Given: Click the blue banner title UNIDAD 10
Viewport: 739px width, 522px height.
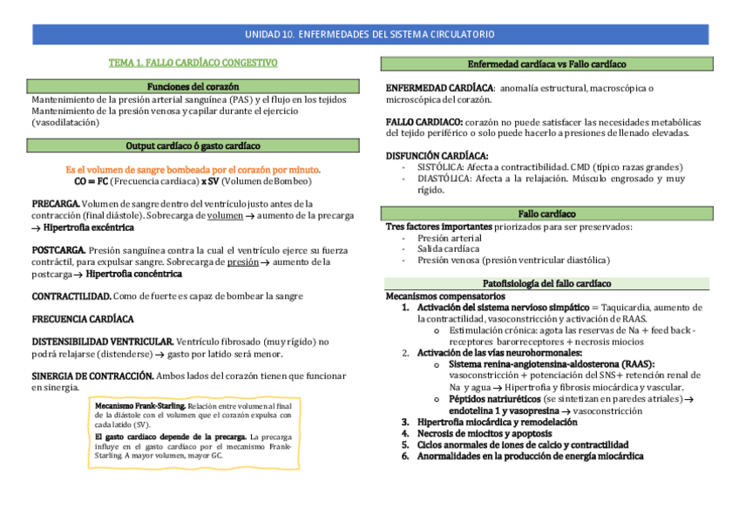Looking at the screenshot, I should [369, 35].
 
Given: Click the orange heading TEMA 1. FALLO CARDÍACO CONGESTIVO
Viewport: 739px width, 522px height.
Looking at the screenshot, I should [193, 63].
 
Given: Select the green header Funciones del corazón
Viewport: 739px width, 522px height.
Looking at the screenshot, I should [193, 87].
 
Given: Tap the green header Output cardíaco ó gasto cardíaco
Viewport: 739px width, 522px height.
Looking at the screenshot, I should [193, 146].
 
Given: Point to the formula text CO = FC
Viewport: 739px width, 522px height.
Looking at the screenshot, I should [91, 181].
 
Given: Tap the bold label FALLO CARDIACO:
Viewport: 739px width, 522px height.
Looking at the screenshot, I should [424, 122].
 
